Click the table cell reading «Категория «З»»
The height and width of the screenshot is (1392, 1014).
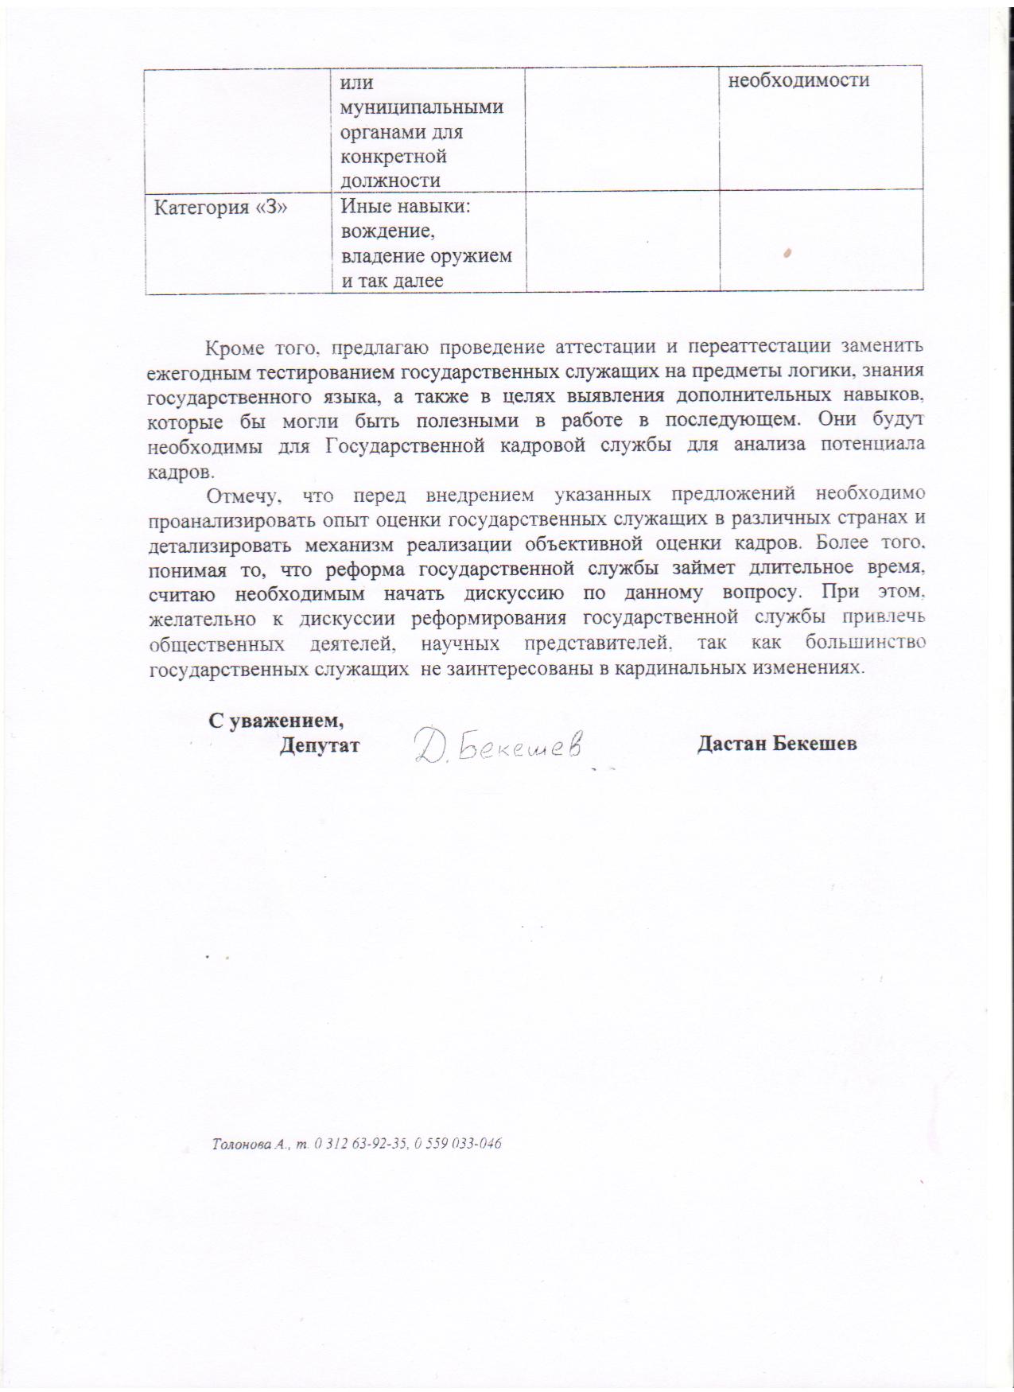click(220, 208)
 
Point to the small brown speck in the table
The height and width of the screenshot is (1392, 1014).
click(787, 253)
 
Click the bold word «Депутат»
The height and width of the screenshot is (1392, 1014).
click(320, 745)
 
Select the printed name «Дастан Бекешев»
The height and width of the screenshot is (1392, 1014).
click(776, 745)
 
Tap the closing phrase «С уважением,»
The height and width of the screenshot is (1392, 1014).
click(276, 721)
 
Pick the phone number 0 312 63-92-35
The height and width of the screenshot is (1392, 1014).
click(361, 1145)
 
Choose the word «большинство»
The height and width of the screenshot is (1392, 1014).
click(865, 643)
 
